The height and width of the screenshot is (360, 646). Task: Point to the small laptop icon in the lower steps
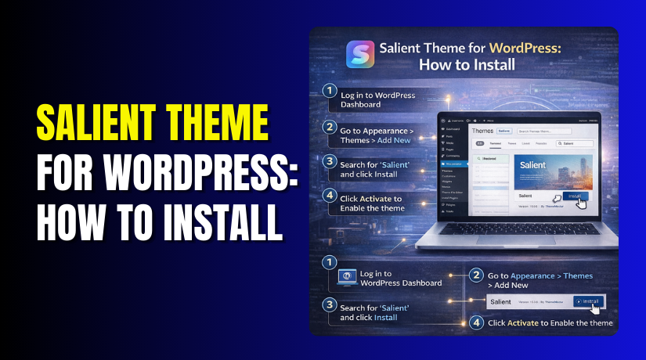pos(348,277)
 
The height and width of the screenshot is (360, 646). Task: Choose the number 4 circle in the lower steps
pos(476,322)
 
